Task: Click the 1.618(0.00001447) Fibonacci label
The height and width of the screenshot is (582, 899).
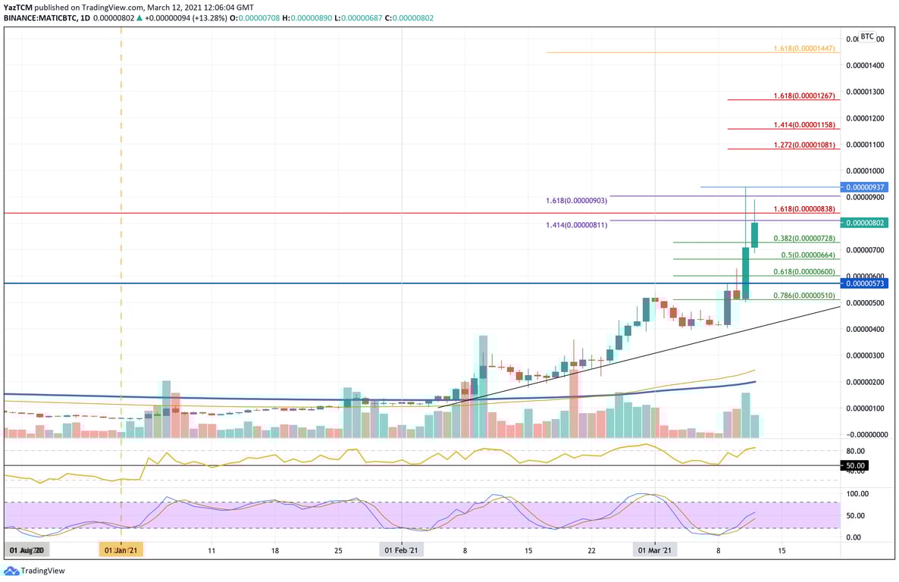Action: (804, 48)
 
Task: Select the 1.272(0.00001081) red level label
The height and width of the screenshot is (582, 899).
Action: (804, 145)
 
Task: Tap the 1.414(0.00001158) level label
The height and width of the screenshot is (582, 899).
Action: (804, 124)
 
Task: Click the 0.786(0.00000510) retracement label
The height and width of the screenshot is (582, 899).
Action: (803, 296)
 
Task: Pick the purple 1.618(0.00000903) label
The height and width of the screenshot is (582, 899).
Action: (576, 201)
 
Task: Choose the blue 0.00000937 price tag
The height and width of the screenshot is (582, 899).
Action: (866, 187)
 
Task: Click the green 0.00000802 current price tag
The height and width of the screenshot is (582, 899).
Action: (866, 223)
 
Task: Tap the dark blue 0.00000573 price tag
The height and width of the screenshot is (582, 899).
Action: (866, 283)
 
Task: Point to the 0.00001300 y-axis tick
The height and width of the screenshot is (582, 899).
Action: (865, 92)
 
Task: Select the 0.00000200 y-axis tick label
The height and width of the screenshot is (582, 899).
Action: (865, 382)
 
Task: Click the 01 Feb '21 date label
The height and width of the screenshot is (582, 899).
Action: (401, 551)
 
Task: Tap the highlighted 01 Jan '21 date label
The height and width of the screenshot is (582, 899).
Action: (121, 551)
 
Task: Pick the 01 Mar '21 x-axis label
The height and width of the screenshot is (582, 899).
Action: (653, 551)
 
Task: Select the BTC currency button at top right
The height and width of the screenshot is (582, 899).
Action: (867, 36)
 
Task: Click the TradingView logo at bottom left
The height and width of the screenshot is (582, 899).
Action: (35, 571)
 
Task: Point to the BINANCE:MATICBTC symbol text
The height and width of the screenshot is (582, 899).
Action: (46, 17)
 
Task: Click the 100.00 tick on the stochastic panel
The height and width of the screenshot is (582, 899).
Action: (857, 493)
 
